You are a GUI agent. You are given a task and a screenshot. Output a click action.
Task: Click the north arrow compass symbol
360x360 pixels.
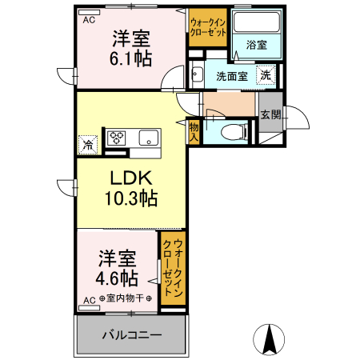point(270,339)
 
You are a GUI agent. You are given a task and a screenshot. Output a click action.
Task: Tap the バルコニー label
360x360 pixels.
point(132,334)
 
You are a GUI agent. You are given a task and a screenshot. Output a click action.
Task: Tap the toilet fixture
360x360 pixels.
point(233,132)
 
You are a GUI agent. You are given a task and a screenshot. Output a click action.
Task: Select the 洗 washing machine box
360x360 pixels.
point(265,76)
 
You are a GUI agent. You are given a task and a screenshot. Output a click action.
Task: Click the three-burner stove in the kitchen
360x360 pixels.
point(118,138)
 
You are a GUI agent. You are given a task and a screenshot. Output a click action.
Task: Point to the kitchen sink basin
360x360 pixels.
point(149,138)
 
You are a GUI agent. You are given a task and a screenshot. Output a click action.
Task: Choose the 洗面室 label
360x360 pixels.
point(231,78)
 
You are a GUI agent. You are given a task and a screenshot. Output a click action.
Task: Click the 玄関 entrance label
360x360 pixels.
point(270,114)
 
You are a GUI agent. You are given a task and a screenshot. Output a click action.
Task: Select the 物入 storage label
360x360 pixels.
point(194,130)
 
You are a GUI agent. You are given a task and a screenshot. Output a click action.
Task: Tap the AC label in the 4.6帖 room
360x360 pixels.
point(89,300)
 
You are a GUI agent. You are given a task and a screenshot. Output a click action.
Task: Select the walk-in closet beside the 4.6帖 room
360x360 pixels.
point(173,268)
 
